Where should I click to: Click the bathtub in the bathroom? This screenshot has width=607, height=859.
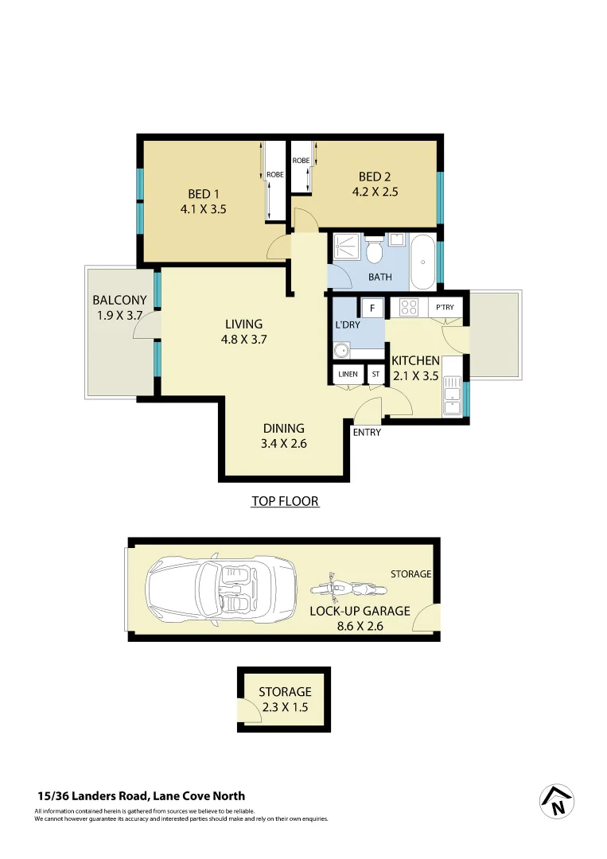[x=424, y=262]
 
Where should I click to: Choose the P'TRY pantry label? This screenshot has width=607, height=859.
[x=444, y=307]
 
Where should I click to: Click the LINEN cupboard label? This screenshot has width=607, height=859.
[x=348, y=374]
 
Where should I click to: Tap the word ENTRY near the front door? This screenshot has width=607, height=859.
[x=367, y=433]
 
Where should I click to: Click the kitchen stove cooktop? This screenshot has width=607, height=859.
[x=409, y=307]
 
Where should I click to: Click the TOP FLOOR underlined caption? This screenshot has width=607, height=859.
[x=285, y=501]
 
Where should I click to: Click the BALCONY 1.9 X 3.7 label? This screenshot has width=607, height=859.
[x=119, y=307]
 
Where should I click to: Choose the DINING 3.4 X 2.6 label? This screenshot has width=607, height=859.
[x=284, y=436]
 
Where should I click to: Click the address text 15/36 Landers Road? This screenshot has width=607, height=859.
[x=142, y=795]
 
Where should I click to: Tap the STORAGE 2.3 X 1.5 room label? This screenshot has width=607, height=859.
[x=285, y=699]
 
